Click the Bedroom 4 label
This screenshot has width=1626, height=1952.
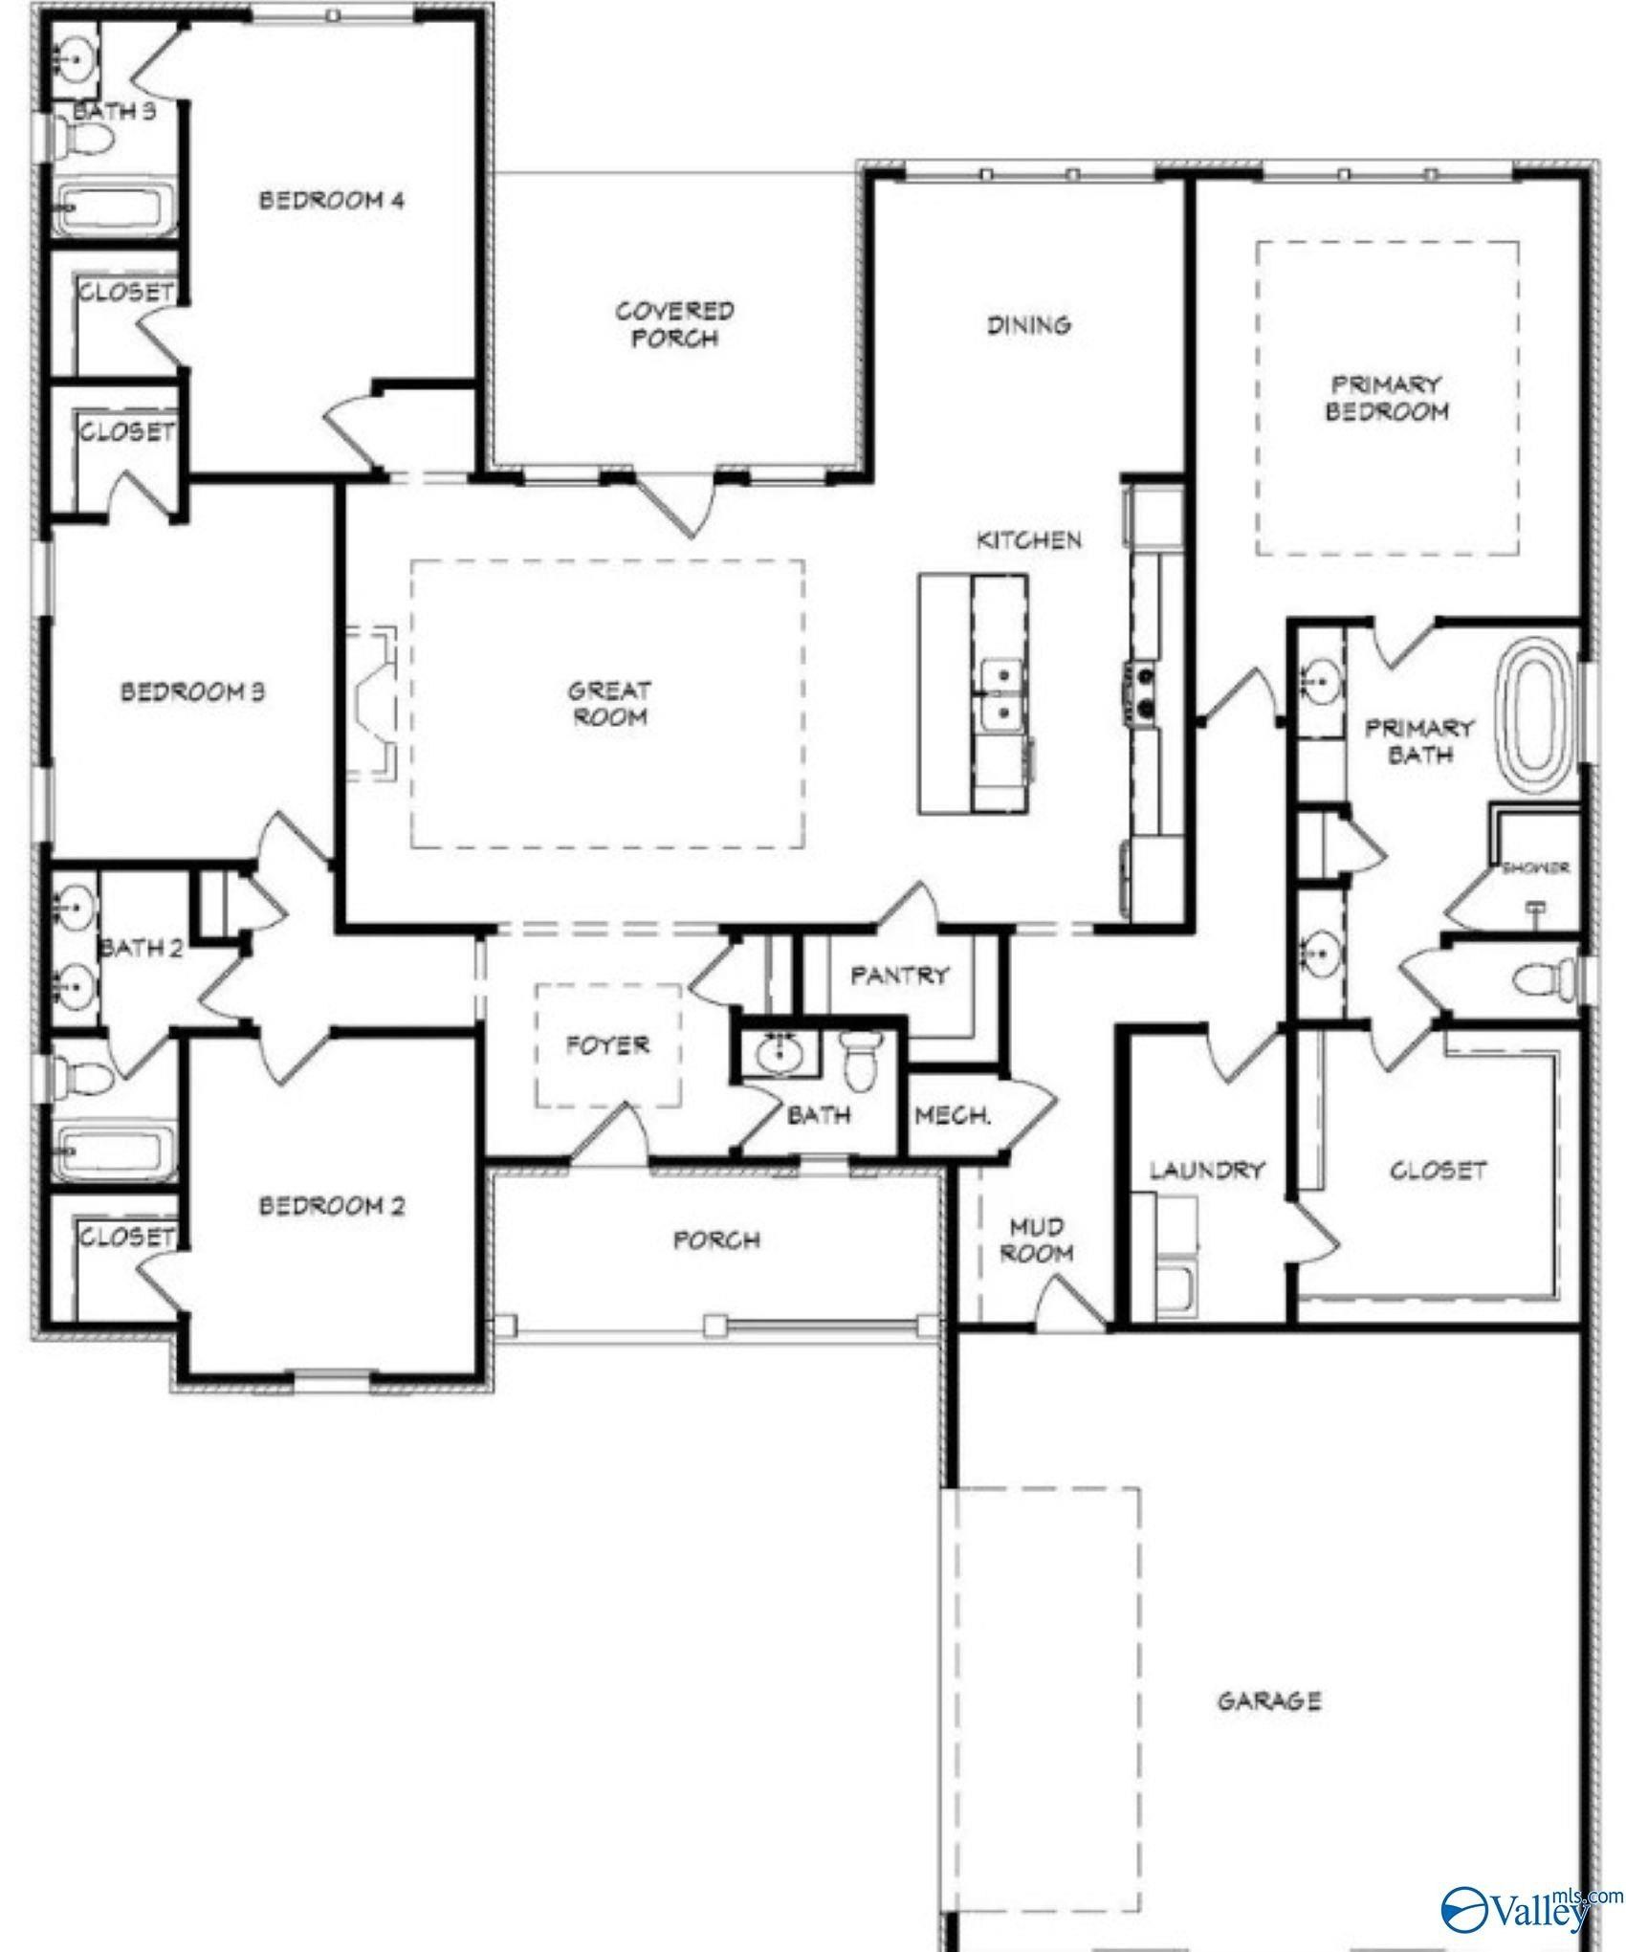tap(332, 201)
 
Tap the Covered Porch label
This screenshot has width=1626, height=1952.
tap(675, 324)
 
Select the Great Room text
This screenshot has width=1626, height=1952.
tap(609, 703)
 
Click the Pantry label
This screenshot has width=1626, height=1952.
tap(900, 976)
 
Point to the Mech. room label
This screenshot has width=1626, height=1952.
tap(953, 1115)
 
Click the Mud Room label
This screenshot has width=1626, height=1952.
tap(1037, 1239)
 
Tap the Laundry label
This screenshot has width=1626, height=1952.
tap(1207, 1170)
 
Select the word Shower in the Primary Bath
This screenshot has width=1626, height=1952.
tap(1536, 868)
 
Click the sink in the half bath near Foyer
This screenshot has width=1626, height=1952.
tap(780, 1055)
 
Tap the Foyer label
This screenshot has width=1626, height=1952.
tap(607, 1045)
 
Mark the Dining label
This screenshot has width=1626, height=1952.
tap(1029, 325)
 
